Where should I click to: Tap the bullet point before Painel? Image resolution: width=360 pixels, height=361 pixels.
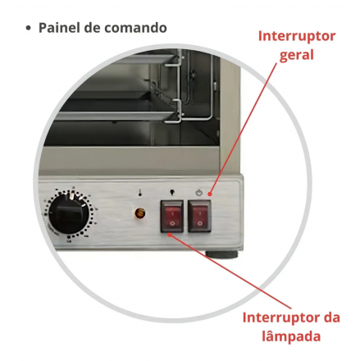[x=28, y=28]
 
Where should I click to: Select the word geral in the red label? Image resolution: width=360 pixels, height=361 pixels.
[x=297, y=56]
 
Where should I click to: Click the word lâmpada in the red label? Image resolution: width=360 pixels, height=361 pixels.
[x=291, y=336]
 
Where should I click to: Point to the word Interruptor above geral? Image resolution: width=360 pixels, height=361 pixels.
[x=297, y=36]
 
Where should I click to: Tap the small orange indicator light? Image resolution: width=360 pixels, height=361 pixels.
[x=140, y=213]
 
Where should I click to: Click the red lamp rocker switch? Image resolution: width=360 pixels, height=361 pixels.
[x=172, y=217]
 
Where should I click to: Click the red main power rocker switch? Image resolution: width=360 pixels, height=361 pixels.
[x=199, y=217]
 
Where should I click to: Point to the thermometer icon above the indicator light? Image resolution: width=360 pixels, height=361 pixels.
[x=140, y=193]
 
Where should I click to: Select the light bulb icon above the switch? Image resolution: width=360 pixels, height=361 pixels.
[x=172, y=193]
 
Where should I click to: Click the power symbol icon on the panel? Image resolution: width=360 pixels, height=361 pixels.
[x=199, y=193]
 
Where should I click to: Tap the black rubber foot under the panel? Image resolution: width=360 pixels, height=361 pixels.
[x=221, y=254]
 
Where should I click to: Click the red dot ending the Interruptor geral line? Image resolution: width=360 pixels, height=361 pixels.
[x=210, y=194]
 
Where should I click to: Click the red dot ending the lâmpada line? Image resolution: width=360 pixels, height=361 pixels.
[x=170, y=235]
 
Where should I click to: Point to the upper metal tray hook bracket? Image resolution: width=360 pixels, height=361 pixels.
[x=175, y=61]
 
